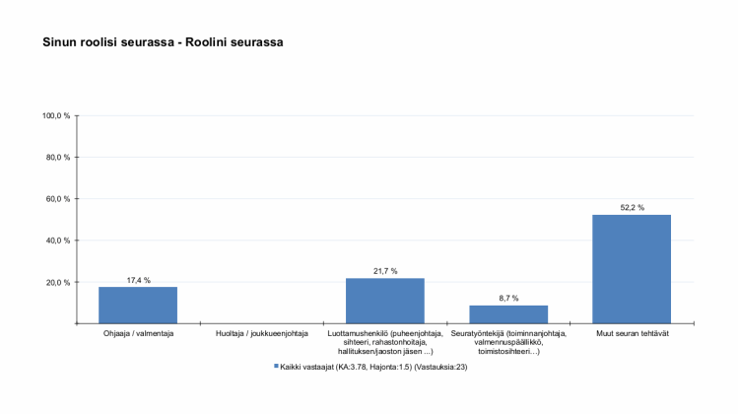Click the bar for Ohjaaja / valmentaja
tap(138, 305)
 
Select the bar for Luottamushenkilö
tap(384, 301)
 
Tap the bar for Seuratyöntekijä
tap(508, 313)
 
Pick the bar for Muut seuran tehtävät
tap(632, 268)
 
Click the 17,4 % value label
tap(138, 280)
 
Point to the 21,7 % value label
tap(385, 271)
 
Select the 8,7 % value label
tap(508, 298)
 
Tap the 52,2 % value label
tap(632, 207)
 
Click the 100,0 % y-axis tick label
tap(55, 116)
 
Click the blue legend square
tap(276, 366)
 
